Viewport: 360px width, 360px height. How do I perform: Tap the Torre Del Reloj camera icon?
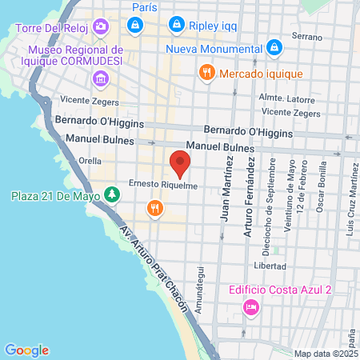100,27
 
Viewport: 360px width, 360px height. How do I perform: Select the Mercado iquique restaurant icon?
207,74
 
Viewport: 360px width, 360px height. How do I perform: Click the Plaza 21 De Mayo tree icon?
113,194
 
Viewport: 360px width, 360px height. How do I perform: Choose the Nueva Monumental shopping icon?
274,48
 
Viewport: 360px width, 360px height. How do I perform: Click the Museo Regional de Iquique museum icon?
100,78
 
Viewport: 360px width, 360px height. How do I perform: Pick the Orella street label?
90,159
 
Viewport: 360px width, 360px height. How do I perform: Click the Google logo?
26,350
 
